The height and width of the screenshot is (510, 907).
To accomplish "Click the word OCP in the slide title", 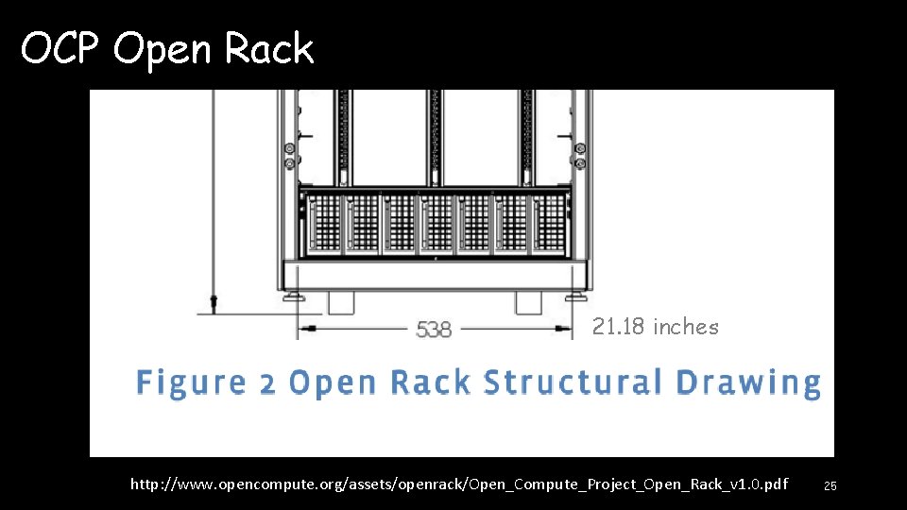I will (61, 48).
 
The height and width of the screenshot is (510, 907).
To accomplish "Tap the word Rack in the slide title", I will (269, 48).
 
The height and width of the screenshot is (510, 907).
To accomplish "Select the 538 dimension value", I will (434, 330).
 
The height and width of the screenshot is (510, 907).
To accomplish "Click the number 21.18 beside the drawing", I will (620, 327).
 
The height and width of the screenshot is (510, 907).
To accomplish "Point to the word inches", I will (686, 327).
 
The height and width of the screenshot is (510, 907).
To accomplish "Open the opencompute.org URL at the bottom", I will (458, 484).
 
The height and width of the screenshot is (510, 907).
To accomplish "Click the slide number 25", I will (830, 485).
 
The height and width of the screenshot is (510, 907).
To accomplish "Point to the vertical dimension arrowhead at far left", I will (214, 302).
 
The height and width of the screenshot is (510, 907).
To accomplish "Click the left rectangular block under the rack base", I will (340, 302).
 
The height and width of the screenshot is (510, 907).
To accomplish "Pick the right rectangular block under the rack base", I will (529, 302).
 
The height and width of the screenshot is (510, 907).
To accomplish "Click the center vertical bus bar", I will (435, 137).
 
